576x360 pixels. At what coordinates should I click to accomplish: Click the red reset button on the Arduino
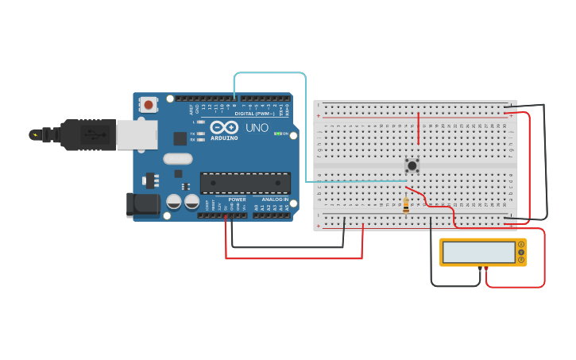point(149,104)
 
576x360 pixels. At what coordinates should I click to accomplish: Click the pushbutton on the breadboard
point(412,165)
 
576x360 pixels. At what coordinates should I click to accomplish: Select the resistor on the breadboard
point(406,205)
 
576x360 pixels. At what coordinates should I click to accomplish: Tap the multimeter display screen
point(479,253)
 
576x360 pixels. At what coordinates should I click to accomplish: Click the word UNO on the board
point(257,127)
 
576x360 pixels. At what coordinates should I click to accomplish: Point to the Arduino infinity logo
point(225,127)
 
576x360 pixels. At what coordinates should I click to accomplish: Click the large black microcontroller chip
point(245,183)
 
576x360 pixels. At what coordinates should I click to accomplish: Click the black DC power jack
point(143,204)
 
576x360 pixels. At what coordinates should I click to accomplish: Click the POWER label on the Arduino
point(237,199)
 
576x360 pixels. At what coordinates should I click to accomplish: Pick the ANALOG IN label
point(275,199)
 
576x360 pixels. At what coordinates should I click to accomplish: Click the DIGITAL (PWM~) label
point(254,114)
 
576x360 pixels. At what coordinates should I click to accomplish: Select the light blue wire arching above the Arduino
point(270,73)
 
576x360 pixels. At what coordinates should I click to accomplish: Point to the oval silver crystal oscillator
point(178,158)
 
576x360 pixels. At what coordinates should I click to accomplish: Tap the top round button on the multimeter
point(521,245)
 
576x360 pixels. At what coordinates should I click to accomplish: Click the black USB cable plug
point(87,135)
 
